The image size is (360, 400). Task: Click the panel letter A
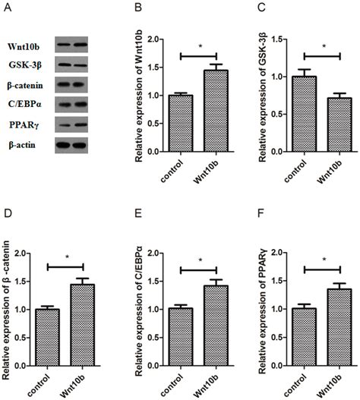pyautogui.click(x=9, y=9)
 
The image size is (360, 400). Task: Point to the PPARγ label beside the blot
pyautogui.click(x=22, y=123)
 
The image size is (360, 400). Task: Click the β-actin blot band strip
pyautogui.click(x=71, y=143)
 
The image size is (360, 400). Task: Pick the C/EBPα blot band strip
pyautogui.click(x=71, y=104)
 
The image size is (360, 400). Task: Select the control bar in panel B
pyautogui.click(x=181, y=123)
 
